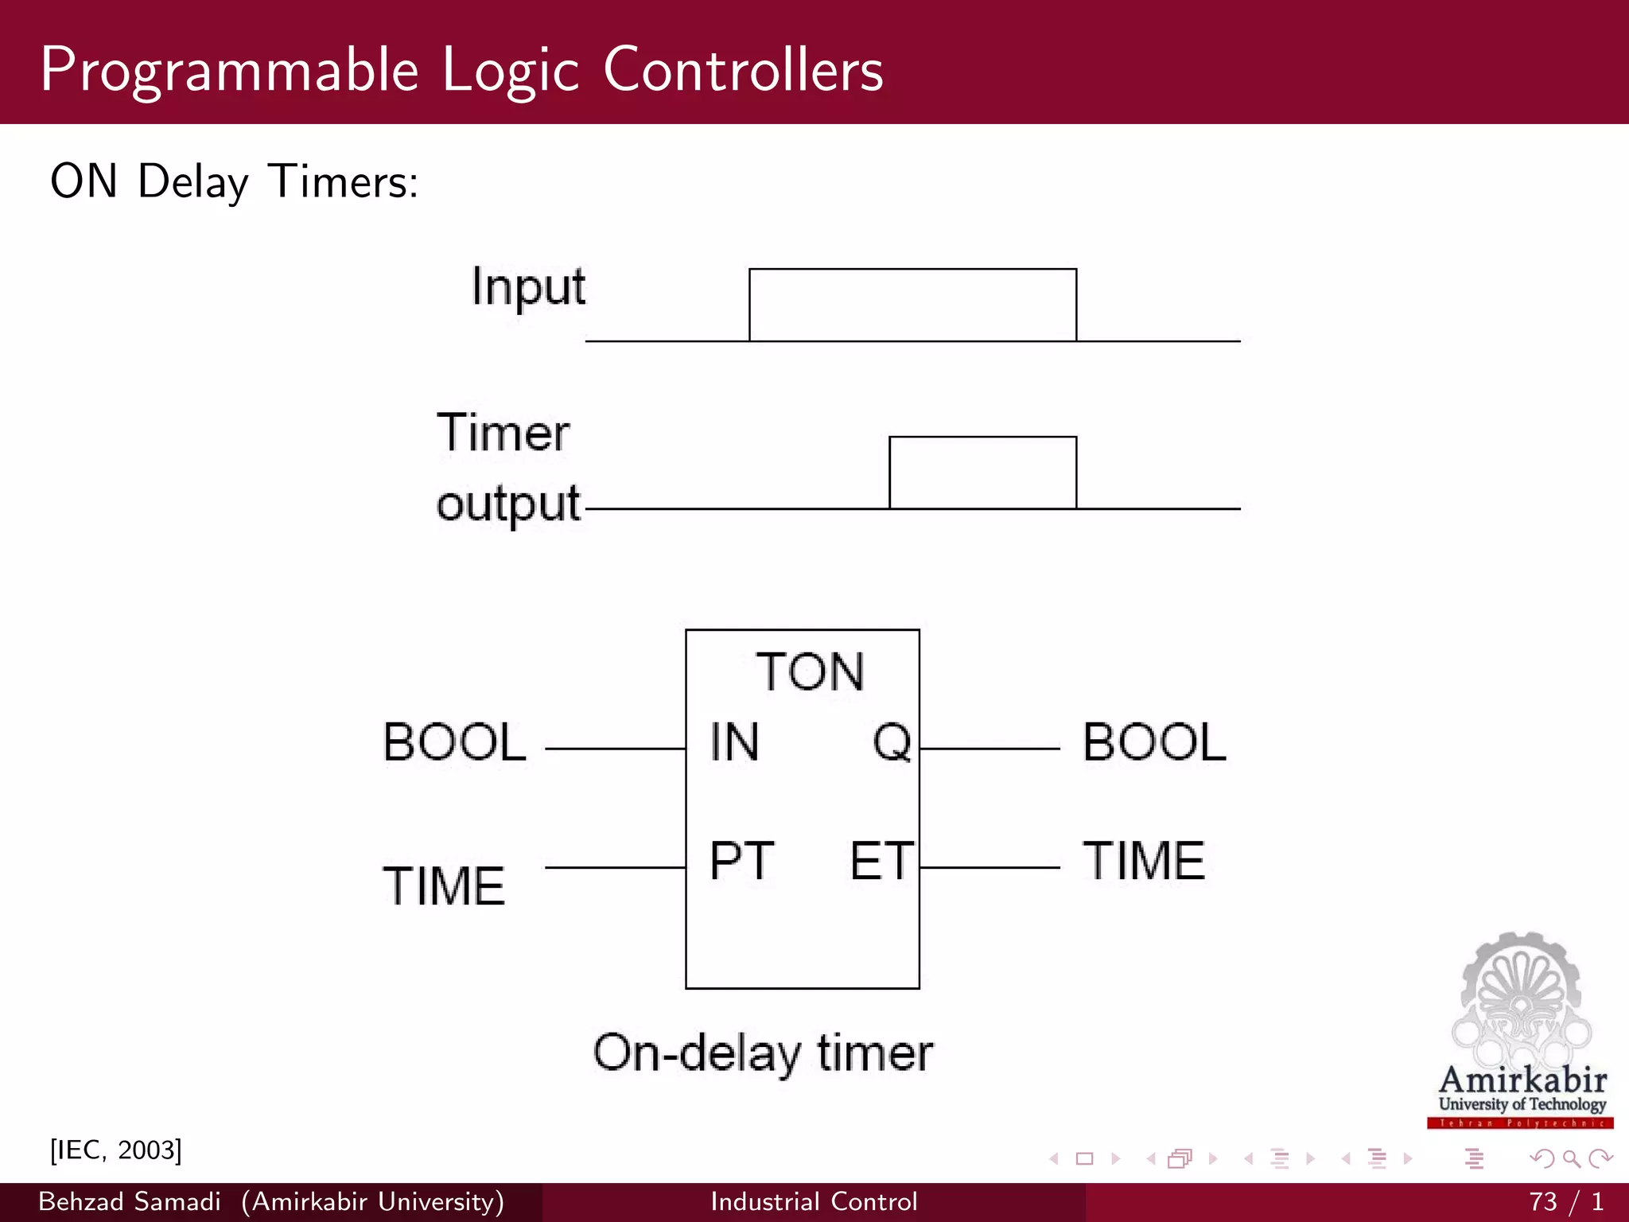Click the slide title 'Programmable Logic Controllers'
(461, 70)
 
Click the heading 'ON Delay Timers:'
(234, 181)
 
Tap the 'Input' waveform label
(528, 286)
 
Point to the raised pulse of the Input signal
(912, 305)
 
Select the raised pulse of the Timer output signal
(982, 472)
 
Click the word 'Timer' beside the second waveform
(503, 434)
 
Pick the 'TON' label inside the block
(810, 671)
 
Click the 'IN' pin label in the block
(734, 742)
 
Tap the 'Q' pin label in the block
(892, 742)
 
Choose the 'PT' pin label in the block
(741, 861)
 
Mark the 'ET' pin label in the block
(881, 861)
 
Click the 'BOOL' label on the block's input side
(454, 742)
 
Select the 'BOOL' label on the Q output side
(1154, 742)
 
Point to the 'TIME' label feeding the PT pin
(444, 886)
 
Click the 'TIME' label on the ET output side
(1144, 861)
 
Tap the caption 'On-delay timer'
(763, 1053)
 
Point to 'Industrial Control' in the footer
(814, 1201)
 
